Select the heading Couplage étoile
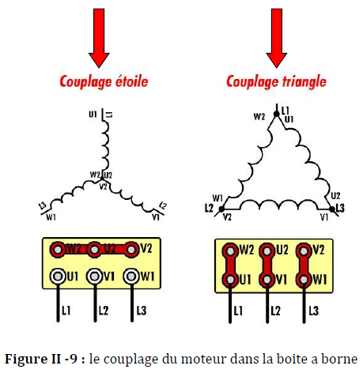103,81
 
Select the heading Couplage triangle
275,81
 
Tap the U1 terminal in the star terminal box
58,276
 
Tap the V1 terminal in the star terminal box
95,276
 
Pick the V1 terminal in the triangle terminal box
267,279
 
